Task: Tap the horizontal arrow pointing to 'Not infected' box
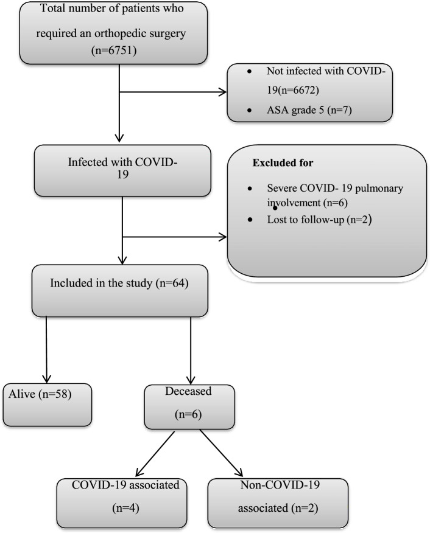(x=174, y=94)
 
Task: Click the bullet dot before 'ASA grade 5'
(x=250, y=113)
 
